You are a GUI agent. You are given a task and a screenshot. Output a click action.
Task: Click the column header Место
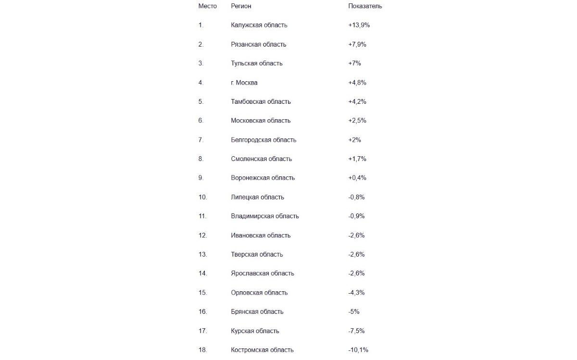[x=207, y=6]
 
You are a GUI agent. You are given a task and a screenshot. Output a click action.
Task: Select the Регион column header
[x=241, y=6]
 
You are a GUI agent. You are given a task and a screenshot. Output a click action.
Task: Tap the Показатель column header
[x=365, y=6]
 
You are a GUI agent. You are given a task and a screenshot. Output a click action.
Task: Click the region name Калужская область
[x=259, y=25]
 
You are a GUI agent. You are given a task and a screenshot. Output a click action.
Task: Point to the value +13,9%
[x=359, y=25]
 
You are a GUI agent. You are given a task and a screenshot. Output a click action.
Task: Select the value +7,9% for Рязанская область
[x=357, y=44]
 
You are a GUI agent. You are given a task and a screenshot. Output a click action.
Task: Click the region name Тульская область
[x=256, y=63]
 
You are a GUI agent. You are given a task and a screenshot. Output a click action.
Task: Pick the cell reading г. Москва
[x=244, y=83]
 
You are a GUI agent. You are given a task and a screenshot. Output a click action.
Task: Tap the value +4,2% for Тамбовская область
[x=357, y=101]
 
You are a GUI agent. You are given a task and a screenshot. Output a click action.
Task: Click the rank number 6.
[x=201, y=121]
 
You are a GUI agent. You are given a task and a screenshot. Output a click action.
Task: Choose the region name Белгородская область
[x=263, y=140]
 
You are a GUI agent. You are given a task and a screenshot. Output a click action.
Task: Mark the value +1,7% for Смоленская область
[x=357, y=159]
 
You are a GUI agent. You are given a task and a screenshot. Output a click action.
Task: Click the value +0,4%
[x=357, y=178]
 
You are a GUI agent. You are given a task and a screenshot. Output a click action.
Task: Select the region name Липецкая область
[x=257, y=197]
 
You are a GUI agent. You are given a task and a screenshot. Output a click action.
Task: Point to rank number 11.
[x=202, y=216]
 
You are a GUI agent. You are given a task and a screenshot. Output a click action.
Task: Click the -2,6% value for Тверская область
[x=356, y=254]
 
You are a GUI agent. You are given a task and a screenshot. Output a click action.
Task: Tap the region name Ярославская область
[x=262, y=273]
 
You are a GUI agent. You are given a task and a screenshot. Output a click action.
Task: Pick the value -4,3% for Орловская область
[x=356, y=293]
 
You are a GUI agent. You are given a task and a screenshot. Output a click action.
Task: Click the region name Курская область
[x=255, y=331]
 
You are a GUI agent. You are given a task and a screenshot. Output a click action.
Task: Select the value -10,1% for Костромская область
[x=358, y=350]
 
